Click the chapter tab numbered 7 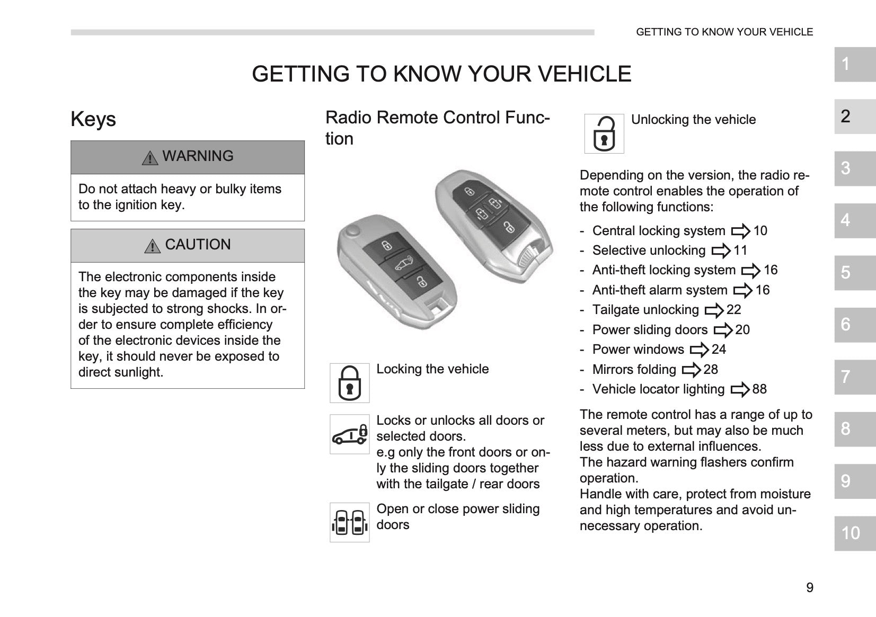(855, 377)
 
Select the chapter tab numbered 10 (855, 533)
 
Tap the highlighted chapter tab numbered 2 (855, 117)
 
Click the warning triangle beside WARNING (150, 158)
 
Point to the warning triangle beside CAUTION (153, 246)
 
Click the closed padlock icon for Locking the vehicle (350, 383)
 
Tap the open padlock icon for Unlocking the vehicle (604, 133)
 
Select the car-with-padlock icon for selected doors (350, 434)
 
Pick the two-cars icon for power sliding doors (350, 522)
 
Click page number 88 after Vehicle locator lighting (759, 389)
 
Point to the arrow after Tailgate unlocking (714, 310)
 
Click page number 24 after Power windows (719, 350)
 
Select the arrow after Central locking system (741, 231)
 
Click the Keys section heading (93, 119)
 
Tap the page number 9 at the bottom (810, 588)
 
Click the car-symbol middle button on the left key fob (403, 265)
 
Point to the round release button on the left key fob (353, 230)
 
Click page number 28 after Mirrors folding (711, 370)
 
